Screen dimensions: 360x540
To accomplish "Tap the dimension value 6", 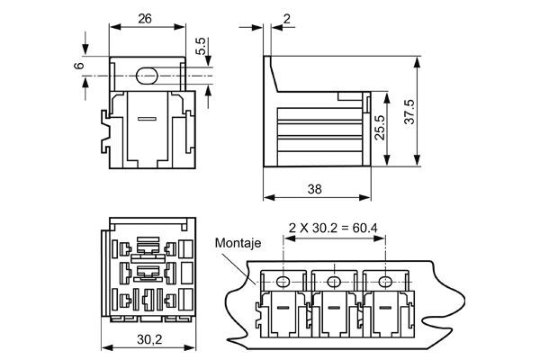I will tap(78, 66).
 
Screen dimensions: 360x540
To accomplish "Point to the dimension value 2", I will tap(287, 18).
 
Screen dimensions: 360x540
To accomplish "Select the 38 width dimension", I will tap(314, 190).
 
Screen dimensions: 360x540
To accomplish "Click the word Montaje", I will tap(237, 243).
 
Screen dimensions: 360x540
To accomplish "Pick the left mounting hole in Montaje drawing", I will tap(283, 283).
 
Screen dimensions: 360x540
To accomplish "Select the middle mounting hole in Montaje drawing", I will tap(335, 283).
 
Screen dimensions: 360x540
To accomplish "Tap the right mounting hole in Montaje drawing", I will tap(386, 283).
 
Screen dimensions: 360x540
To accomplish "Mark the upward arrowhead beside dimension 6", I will tap(85, 84).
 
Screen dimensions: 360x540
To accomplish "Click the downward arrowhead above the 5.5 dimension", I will tap(207, 56).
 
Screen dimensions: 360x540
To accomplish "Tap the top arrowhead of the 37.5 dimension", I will tap(420, 63).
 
